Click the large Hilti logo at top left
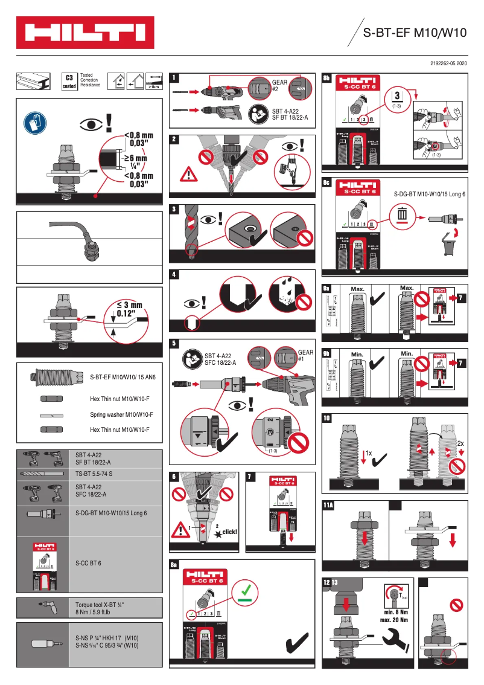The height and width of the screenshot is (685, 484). tap(84, 33)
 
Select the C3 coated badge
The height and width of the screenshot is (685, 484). tap(69, 82)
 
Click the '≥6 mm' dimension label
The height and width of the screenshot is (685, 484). tap(136, 159)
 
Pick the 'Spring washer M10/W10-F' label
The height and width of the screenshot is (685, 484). tap(121, 414)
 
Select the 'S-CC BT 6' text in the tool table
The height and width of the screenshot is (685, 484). tap(88, 563)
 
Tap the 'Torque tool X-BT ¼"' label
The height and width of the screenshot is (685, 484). tap(100, 605)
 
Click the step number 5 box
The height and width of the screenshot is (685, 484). tap(174, 343)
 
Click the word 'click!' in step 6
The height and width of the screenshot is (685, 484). tap(230, 532)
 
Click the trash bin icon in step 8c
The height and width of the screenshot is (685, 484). tap(403, 214)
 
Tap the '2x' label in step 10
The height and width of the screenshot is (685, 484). tap(460, 443)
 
